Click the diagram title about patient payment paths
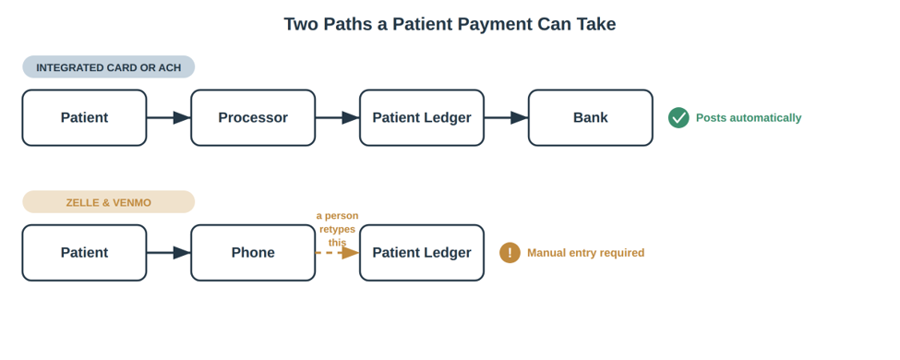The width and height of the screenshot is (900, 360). (x=450, y=24)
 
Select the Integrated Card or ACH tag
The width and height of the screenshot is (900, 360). (x=109, y=67)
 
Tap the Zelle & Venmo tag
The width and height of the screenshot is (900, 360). (x=109, y=202)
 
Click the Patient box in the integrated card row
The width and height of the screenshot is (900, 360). (x=84, y=118)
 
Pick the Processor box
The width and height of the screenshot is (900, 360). (x=253, y=118)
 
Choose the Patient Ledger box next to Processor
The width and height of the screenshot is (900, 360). (x=422, y=118)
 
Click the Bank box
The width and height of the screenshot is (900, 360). (x=591, y=118)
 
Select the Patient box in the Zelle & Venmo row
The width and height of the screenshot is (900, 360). (x=84, y=253)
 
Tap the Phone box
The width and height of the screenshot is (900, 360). (x=253, y=253)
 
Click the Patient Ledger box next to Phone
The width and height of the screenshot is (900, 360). (x=422, y=253)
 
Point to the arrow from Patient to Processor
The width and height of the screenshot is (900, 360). (x=169, y=118)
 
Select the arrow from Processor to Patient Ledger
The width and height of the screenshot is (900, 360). (x=338, y=118)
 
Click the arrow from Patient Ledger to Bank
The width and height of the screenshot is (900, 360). (x=506, y=118)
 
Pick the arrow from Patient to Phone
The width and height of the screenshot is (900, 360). (x=169, y=253)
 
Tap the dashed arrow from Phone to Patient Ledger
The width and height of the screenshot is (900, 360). (x=338, y=253)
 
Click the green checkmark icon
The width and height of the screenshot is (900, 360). (x=678, y=118)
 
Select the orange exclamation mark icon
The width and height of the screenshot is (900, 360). (x=510, y=253)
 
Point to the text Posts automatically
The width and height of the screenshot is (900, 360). (x=749, y=118)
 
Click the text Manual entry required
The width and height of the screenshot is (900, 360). (x=585, y=253)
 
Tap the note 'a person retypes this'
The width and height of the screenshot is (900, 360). (x=338, y=229)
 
